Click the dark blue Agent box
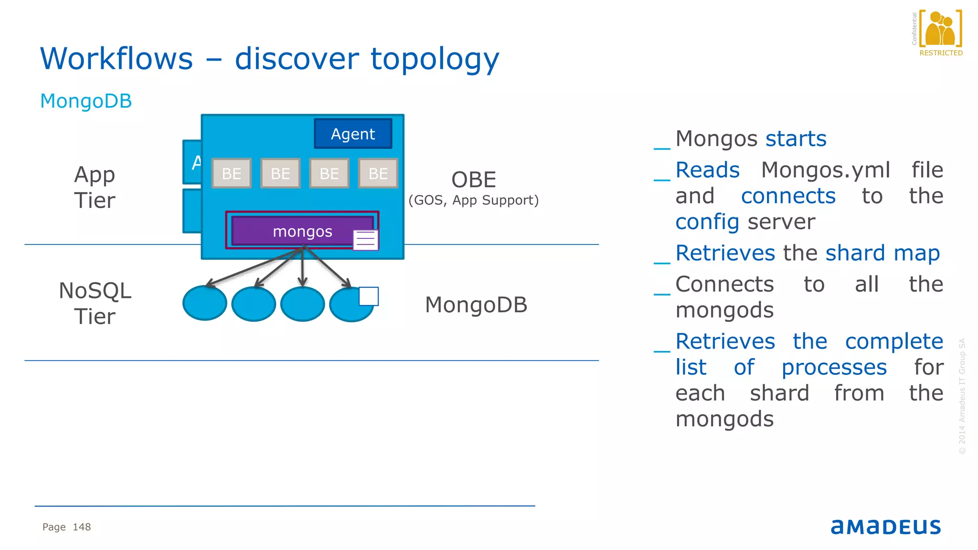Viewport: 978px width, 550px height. [353, 134]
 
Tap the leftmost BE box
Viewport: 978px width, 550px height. [232, 173]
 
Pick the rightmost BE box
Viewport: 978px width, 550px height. [378, 173]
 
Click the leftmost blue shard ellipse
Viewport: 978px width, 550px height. [204, 304]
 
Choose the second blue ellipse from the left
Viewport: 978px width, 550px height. [254, 304]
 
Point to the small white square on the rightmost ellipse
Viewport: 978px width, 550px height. [369, 296]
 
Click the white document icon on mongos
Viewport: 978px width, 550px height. [365, 240]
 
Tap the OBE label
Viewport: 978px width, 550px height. [474, 180]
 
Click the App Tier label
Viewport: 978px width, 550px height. [95, 187]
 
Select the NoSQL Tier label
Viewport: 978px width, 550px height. [95, 304]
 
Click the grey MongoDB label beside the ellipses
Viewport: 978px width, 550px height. [476, 305]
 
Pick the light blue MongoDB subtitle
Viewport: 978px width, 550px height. [86, 101]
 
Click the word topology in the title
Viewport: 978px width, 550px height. [435, 59]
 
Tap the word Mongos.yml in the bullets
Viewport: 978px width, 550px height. [825, 170]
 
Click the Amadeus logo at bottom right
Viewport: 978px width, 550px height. [885, 526]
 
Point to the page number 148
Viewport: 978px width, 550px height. [82, 527]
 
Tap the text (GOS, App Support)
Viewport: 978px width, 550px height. [473, 200]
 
